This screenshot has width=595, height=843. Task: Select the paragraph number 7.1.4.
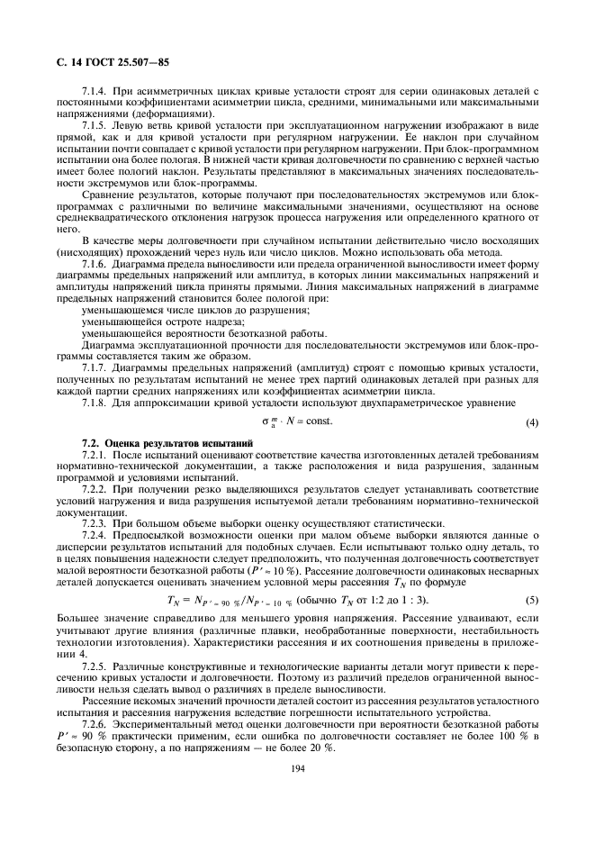pyautogui.click(x=95, y=92)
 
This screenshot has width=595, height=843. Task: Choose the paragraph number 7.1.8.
pyautogui.click(x=95, y=404)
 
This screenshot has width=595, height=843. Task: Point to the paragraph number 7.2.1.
pyautogui.click(x=95, y=457)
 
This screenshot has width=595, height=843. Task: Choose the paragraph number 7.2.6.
pyautogui.click(x=95, y=723)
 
